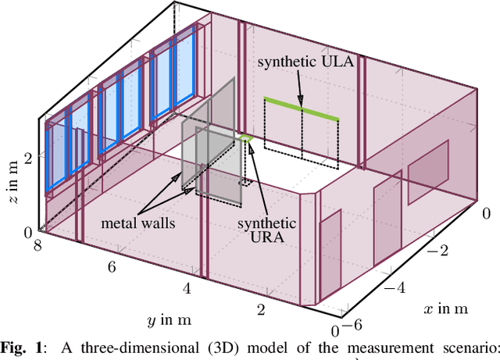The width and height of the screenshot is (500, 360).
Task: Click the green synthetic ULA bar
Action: (302, 109)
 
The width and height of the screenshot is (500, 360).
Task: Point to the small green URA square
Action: (246, 138)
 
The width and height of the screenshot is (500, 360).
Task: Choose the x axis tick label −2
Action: (441, 251)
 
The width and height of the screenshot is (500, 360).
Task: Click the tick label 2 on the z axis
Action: (28, 158)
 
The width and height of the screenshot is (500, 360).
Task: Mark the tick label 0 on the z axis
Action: (28, 231)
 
